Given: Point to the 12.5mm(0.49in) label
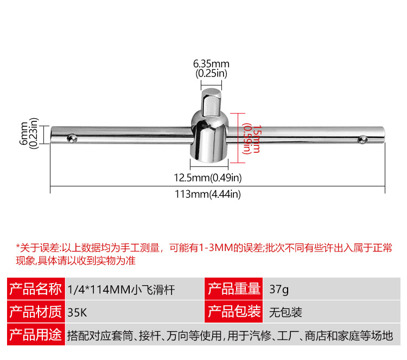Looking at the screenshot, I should coord(207,177).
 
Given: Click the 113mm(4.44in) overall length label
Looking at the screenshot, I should coord(207,195).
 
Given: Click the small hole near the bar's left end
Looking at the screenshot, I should coord(72,140).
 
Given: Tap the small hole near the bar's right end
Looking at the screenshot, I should coord(361,140).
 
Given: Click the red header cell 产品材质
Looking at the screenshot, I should coord(36,312).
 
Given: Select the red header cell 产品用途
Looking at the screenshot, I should coord(36,335).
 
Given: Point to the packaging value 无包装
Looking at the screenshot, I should coord(285,312).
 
